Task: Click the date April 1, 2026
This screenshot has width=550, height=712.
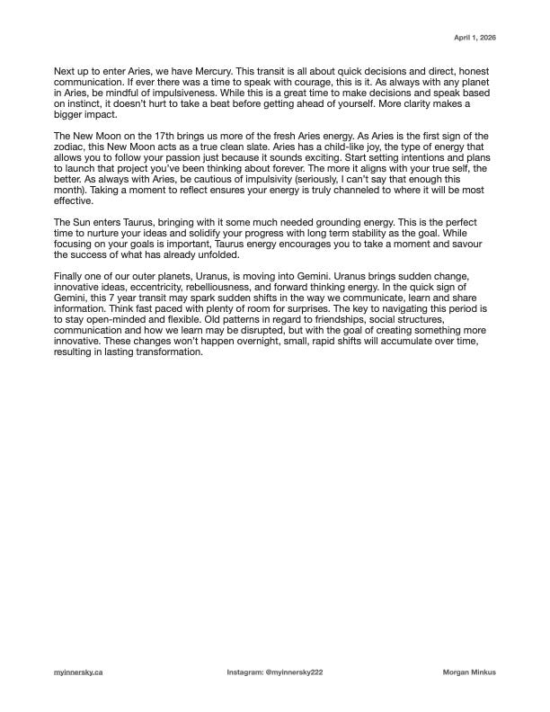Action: pos(475,38)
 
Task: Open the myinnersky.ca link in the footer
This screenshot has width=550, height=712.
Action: pos(78,672)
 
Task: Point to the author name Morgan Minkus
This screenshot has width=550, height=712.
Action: pos(470,672)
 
